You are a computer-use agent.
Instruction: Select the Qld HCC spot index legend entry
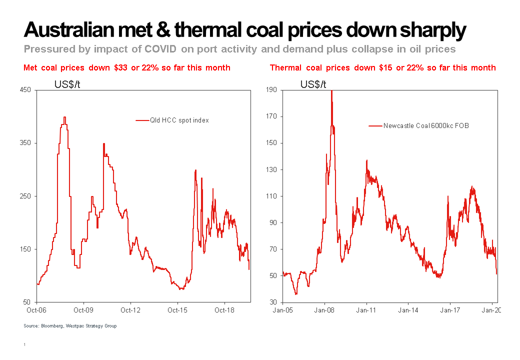[x=179, y=120]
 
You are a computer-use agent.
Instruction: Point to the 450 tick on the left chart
[x=26, y=90]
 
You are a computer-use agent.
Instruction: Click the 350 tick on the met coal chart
[x=26, y=143]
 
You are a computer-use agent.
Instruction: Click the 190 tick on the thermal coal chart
[x=271, y=90]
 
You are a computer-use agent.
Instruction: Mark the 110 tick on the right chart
[x=271, y=196]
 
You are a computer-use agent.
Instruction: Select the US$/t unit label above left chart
[x=67, y=84]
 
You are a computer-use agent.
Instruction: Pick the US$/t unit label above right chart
[x=313, y=84]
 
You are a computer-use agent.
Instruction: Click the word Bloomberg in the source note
[x=51, y=326]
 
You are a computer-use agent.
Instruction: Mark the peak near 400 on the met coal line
[x=64, y=117]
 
